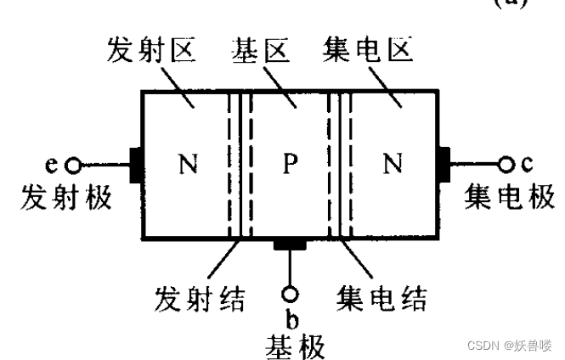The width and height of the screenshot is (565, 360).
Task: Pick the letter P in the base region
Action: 291,163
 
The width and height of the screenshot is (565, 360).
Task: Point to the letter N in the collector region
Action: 392,163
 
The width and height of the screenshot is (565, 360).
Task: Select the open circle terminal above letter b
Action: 291,294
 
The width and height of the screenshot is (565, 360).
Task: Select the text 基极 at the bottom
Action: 291,343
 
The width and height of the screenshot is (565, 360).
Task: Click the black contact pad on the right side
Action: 444,163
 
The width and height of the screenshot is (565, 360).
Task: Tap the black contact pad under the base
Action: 291,245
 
